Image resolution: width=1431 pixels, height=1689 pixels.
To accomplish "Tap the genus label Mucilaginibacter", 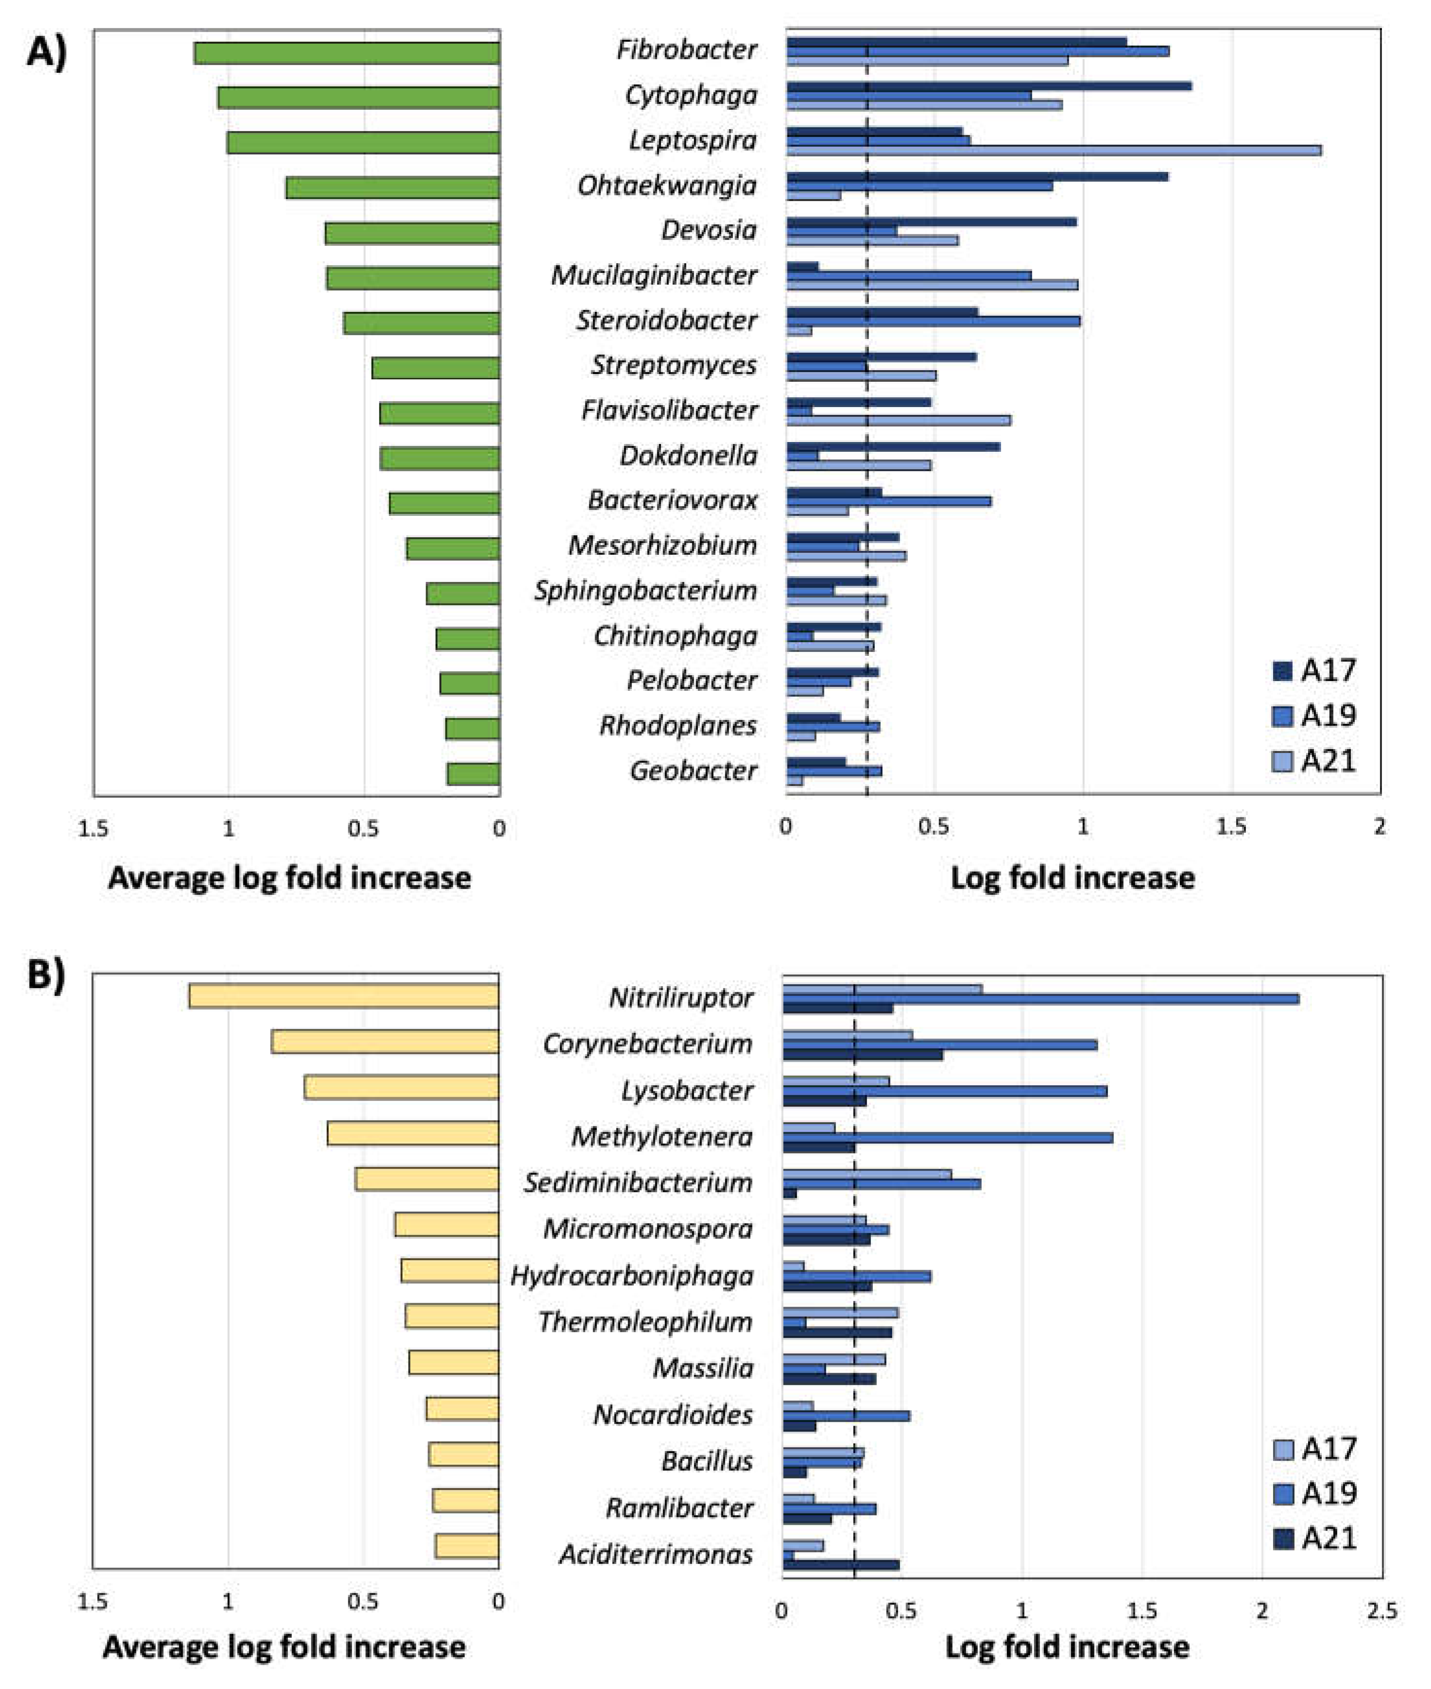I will pos(654,275).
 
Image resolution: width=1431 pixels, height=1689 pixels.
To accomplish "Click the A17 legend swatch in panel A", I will pos(1282,671).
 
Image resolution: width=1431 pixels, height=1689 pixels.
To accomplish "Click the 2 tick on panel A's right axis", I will pos(1379,827).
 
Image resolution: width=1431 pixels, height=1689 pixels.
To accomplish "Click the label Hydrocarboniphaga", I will pos(631,1276).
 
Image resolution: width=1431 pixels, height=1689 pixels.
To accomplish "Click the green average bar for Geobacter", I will pos(473,773).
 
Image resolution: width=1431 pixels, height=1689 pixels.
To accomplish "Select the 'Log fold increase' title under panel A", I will pos(1073,878).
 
